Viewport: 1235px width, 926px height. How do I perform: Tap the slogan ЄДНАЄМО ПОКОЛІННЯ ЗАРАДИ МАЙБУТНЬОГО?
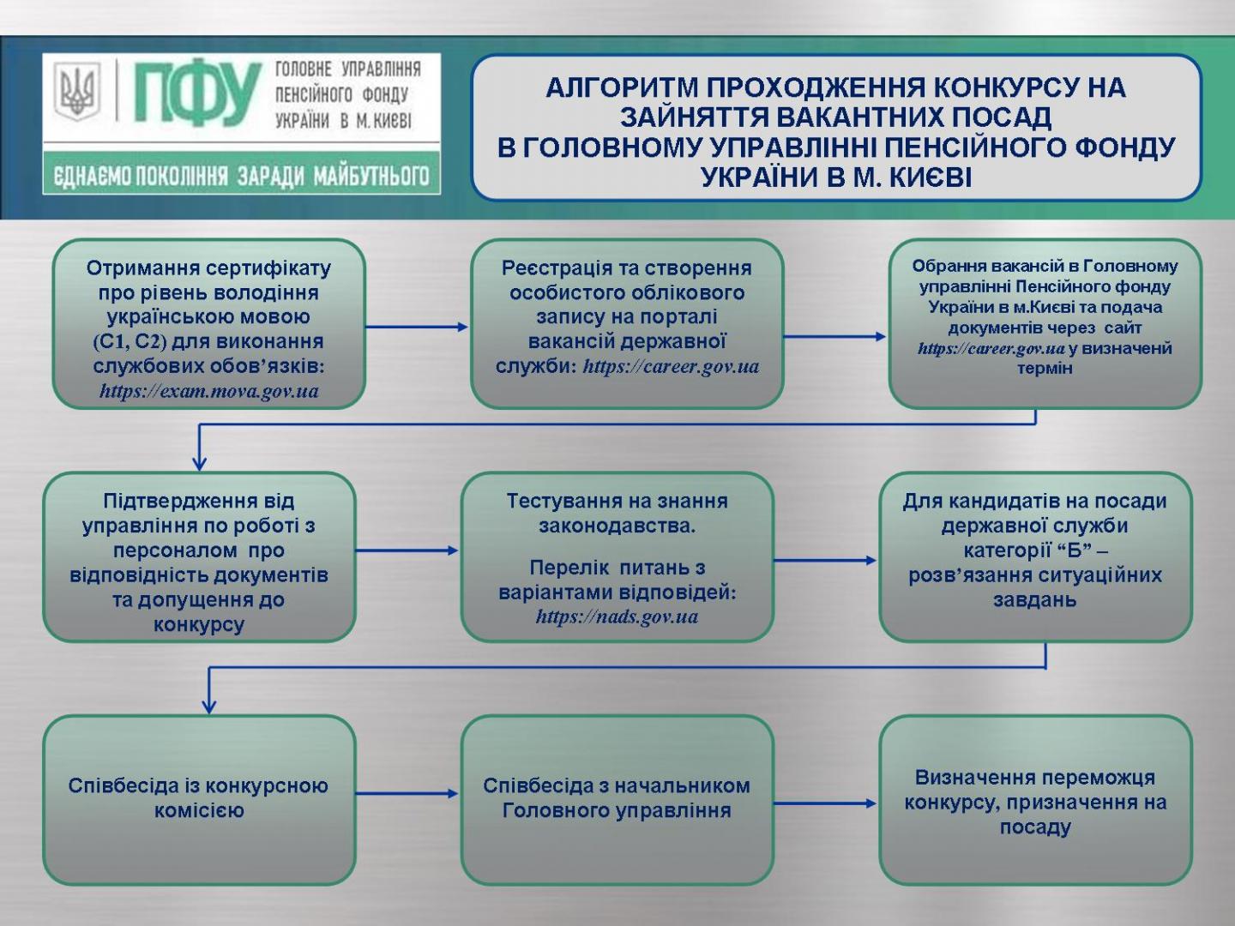click(x=241, y=176)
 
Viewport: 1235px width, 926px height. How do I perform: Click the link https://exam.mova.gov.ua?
click(x=208, y=392)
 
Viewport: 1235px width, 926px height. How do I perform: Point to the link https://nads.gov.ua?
click(x=617, y=616)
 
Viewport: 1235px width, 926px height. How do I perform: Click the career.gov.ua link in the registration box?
click(x=671, y=367)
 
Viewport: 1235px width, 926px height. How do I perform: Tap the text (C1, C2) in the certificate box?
click(x=130, y=342)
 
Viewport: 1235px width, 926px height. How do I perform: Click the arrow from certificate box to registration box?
click(x=417, y=327)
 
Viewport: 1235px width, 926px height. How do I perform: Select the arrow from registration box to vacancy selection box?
click(x=834, y=337)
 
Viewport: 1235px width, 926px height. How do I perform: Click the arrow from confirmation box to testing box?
click(x=407, y=550)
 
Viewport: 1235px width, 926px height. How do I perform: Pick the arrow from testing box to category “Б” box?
click(x=825, y=560)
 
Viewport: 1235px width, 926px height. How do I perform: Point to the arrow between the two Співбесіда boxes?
click(x=407, y=794)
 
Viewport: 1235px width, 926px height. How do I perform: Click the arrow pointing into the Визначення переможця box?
click(x=825, y=803)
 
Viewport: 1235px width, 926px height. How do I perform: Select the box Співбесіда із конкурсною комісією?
click(x=199, y=799)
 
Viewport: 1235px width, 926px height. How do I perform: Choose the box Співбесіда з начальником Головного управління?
click(x=617, y=799)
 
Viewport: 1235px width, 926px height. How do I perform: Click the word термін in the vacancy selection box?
click(x=1045, y=369)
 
